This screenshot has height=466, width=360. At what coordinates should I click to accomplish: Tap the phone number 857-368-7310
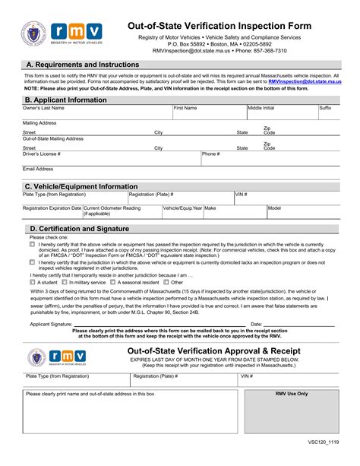click(272, 52)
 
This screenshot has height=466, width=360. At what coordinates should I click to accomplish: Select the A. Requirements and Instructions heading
click(82, 65)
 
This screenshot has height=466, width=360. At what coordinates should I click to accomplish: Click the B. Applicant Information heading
click(67, 100)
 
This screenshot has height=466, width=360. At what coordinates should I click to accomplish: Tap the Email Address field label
click(38, 169)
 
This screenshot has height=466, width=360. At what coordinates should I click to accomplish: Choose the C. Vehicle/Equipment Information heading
click(81, 186)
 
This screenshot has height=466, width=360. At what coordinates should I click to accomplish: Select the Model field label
click(274, 208)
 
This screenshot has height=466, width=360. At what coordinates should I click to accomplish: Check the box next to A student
click(33, 282)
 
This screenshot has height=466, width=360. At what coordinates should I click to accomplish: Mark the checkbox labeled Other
click(188, 282)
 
